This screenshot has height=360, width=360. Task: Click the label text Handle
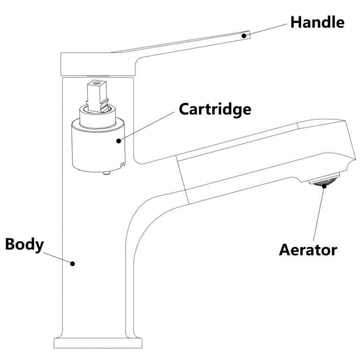(317, 22)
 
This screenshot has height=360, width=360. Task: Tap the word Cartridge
(215, 109)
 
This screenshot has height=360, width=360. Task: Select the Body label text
(24, 244)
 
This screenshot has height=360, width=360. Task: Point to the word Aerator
(307, 249)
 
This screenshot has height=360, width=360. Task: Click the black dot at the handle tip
(244, 35)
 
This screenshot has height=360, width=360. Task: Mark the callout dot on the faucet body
(73, 263)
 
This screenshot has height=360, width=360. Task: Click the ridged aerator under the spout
(324, 181)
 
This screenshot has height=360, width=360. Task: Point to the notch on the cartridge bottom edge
(122, 164)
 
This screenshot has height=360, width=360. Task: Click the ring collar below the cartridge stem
(97, 114)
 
